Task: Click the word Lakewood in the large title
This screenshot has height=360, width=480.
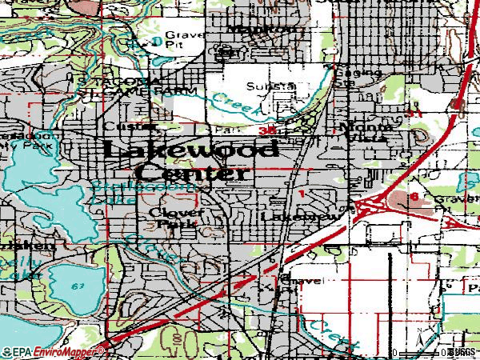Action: (190, 150)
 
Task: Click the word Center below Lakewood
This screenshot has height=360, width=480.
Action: (192, 173)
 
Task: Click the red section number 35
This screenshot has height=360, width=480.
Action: (268, 130)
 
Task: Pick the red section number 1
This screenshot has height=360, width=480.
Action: (301, 194)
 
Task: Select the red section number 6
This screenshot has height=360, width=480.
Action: (414, 196)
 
